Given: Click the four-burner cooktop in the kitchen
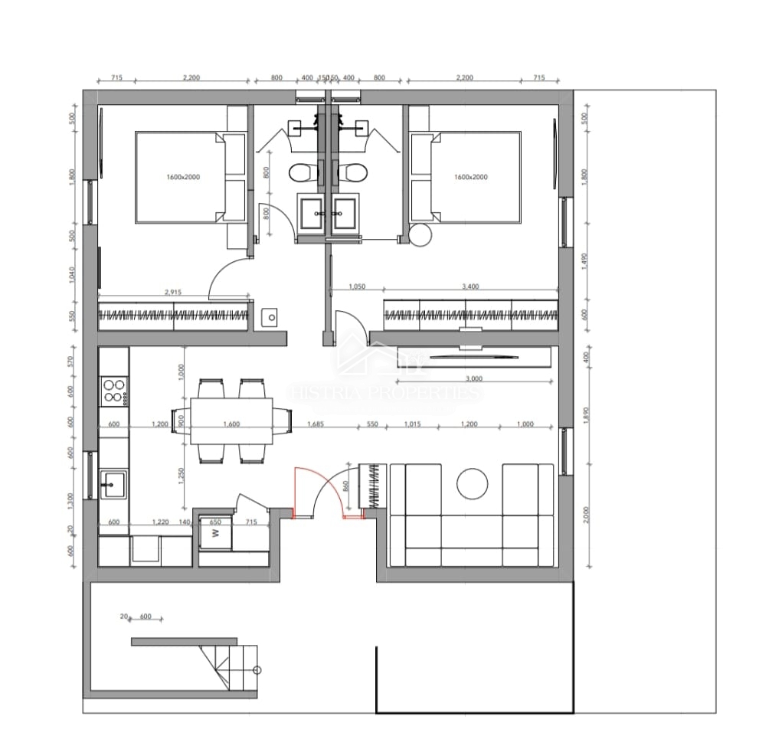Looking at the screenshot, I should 114,390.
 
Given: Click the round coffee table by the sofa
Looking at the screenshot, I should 472,483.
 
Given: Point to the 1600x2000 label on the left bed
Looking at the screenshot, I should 182,177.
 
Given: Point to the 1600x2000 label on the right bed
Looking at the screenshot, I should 470,177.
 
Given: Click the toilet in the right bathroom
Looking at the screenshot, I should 352,172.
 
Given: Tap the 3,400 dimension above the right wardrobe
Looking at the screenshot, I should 471,286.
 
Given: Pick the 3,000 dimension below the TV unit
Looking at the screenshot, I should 473,378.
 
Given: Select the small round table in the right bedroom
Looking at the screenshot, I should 420,236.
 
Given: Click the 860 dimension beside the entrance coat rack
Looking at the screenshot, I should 346,486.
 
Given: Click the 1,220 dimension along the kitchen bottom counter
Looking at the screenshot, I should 160,522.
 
